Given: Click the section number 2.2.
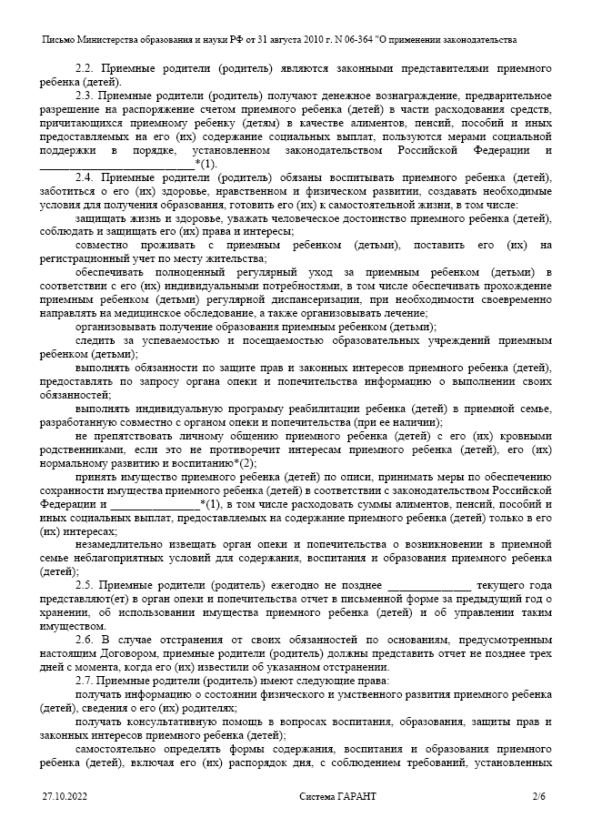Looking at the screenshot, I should point(85,68).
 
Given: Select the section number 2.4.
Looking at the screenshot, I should point(85,177).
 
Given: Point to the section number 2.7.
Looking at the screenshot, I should point(85,680).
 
